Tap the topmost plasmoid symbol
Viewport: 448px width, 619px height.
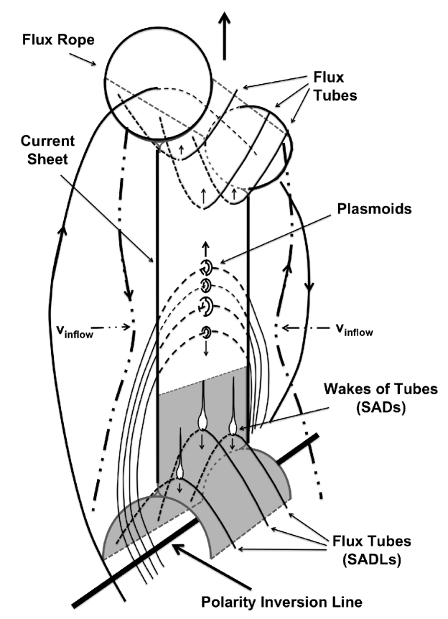pyautogui.click(x=206, y=268)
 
